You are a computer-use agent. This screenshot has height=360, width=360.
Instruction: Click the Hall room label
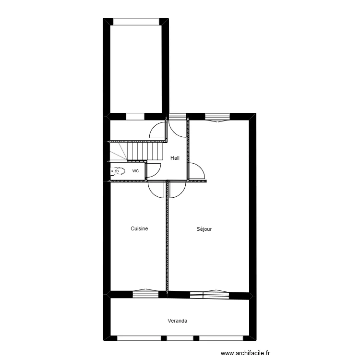[x=175, y=158]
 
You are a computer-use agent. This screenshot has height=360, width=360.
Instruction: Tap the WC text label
[x=136, y=170]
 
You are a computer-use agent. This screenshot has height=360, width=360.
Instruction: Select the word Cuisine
[x=139, y=229]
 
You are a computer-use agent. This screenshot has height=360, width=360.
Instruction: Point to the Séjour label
[x=204, y=229]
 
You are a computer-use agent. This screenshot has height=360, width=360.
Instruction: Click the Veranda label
[x=178, y=321]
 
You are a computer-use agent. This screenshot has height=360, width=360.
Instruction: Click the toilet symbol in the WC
[x=119, y=170]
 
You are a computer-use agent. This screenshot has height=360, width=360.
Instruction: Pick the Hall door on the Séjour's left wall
[x=196, y=171]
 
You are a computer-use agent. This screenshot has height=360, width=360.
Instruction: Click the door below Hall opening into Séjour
[x=176, y=189]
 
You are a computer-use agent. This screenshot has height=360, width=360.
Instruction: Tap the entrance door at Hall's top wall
[x=177, y=126]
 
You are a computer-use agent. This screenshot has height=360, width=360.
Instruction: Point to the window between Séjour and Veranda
[x=209, y=294]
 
